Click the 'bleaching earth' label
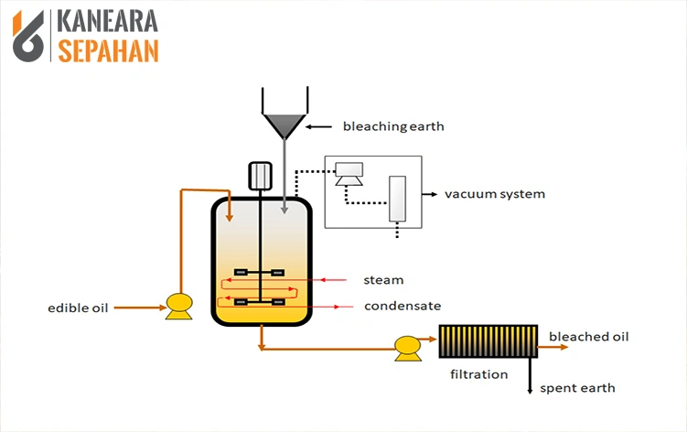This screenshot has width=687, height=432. pyautogui.click(x=392, y=126)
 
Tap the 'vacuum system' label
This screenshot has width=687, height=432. pyautogui.click(x=494, y=194)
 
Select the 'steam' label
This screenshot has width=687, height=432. pyautogui.click(x=382, y=280)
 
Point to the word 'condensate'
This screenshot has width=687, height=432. pyautogui.click(x=403, y=306)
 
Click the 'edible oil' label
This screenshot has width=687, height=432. pyautogui.click(x=78, y=308)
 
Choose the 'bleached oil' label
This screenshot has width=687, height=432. pyautogui.click(x=588, y=337)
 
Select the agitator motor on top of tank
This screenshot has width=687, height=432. pyautogui.click(x=261, y=175)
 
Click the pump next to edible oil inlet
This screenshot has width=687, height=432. pyautogui.click(x=177, y=305)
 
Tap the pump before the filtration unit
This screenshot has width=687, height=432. pyautogui.click(x=406, y=346)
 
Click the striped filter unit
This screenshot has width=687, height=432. pyautogui.click(x=487, y=341)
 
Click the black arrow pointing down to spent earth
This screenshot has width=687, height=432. pyautogui.click(x=531, y=376)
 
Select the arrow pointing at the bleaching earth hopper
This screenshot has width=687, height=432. pyautogui.click(x=319, y=126)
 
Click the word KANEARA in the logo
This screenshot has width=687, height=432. pyautogui.click(x=108, y=21)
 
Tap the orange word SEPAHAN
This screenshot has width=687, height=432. pyautogui.click(x=108, y=49)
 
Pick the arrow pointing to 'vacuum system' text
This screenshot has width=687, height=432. pyautogui.click(x=429, y=194)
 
